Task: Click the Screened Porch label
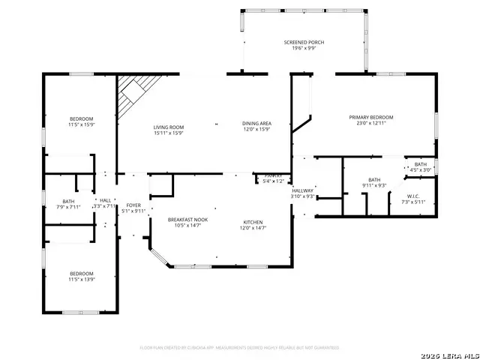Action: point(304,43)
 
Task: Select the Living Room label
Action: point(168,127)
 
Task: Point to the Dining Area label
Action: point(256,123)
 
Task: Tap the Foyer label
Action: point(133,205)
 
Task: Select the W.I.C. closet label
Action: point(415,197)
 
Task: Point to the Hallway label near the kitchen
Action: point(302,191)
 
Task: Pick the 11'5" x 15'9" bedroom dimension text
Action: point(82,124)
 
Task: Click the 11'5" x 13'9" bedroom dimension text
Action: point(82,278)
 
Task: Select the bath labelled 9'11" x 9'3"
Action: point(373,184)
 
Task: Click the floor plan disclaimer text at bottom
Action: point(240,348)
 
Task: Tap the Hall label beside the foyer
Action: point(105,200)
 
